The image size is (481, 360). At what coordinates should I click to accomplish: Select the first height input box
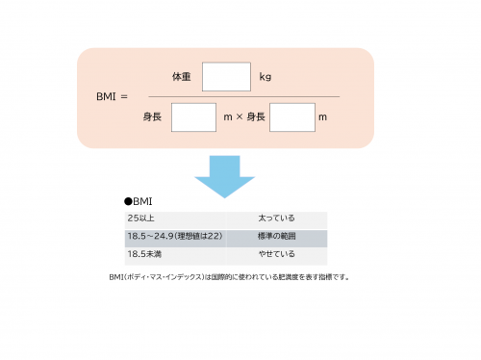(193, 117)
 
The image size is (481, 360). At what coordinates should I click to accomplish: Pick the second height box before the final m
(292, 117)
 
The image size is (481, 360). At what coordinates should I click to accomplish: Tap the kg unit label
(266, 76)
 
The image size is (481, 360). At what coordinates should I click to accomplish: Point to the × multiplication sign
(240, 117)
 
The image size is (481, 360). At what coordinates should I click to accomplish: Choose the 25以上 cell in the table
(139, 219)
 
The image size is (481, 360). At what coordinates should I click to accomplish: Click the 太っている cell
(273, 219)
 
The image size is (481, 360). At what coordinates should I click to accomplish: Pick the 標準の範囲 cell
(274, 237)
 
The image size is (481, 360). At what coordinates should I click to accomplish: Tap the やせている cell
(273, 255)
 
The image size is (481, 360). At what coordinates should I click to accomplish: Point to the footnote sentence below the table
(228, 277)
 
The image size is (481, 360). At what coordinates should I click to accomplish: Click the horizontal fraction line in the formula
(240, 96)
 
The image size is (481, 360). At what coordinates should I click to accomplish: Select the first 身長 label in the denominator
(153, 117)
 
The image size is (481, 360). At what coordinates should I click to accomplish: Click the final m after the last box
(323, 117)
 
